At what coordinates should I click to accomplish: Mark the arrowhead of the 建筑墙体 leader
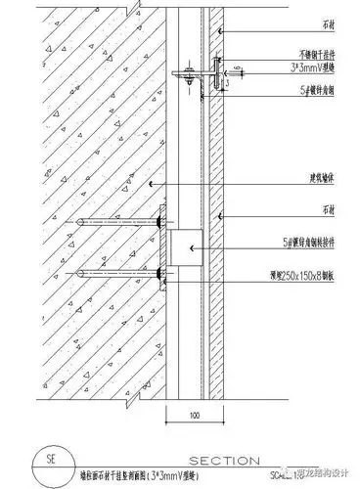153,184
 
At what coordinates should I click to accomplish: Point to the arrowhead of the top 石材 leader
224,32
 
